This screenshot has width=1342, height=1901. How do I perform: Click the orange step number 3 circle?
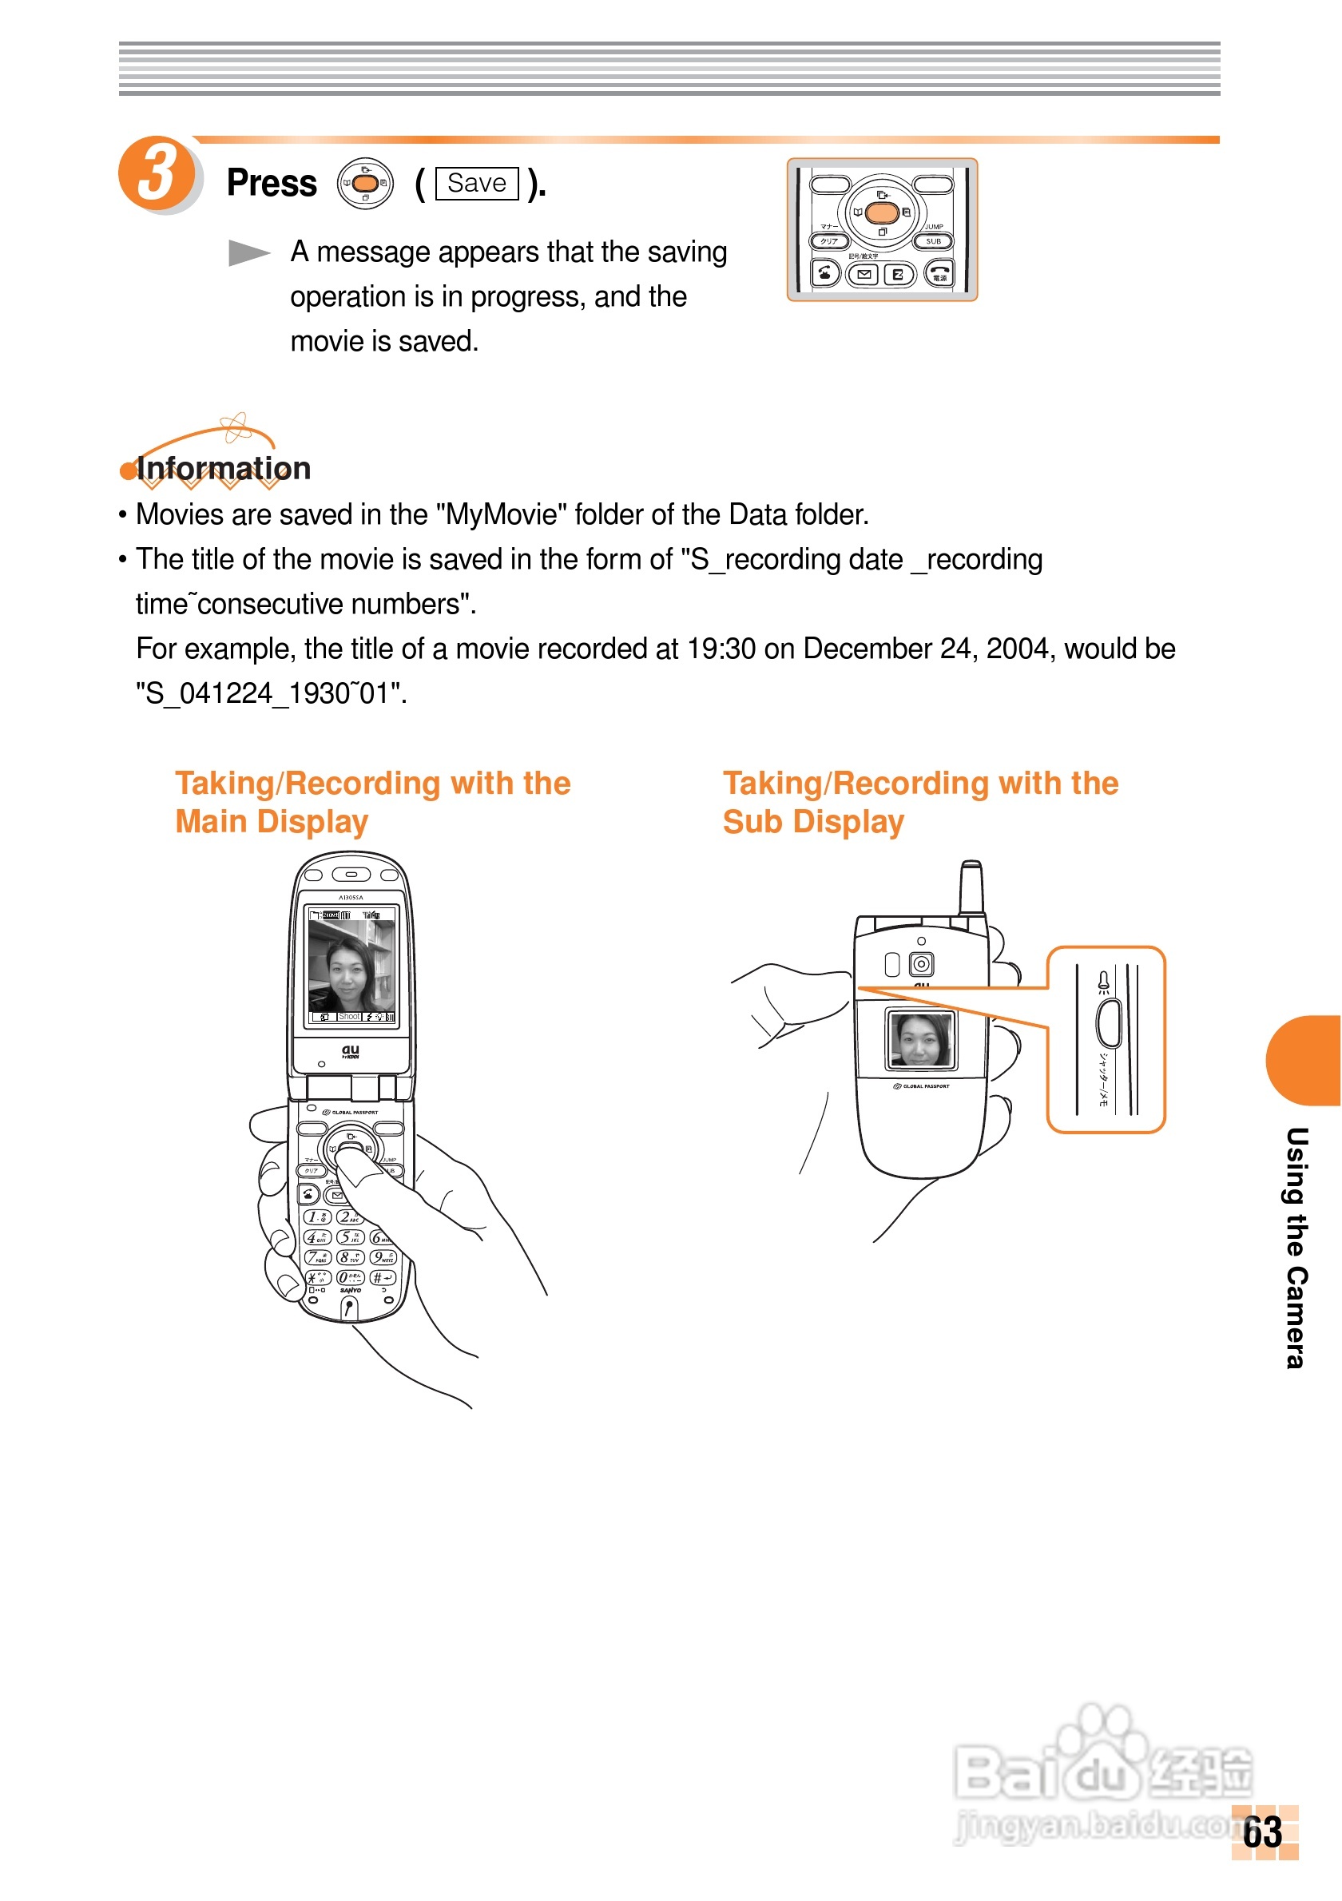point(157,174)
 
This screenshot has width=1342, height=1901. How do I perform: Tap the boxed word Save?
point(477,183)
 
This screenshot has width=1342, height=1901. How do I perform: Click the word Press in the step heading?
point(272,183)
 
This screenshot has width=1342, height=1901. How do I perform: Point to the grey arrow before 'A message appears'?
point(248,252)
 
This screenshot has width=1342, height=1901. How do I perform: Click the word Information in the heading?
point(224,469)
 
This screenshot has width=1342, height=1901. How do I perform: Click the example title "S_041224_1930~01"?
point(272,694)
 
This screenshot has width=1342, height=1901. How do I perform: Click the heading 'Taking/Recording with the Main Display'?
point(372,802)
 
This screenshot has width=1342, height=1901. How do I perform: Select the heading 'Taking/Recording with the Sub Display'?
point(919,802)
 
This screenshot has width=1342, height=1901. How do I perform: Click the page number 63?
point(1264,1832)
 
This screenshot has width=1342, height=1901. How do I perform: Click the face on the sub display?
point(920,1040)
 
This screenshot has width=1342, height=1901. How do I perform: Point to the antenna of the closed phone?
point(972,887)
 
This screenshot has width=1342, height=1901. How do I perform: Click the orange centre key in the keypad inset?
point(882,212)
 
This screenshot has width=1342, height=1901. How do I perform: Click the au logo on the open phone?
point(351,1050)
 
